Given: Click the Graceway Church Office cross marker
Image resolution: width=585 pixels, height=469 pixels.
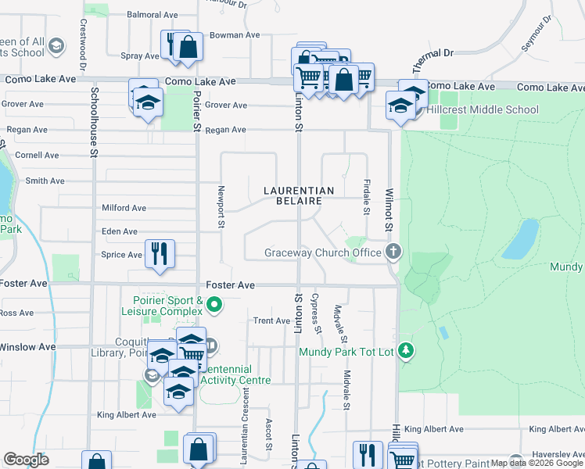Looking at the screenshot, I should click(x=393, y=252).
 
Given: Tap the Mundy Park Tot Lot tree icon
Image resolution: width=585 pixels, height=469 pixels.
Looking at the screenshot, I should click(x=405, y=351).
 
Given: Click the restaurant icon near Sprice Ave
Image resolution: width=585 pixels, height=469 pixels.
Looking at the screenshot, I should click(x=160, y=253).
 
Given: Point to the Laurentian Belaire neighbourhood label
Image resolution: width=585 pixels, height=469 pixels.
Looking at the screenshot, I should click(x=299, y=195).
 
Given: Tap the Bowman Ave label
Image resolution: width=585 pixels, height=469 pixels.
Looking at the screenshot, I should click(x=234, y=35).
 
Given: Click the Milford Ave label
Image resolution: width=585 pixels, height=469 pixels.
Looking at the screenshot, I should click(x=124, y=208).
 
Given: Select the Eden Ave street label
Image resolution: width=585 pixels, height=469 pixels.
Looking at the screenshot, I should click(x=120, y=231).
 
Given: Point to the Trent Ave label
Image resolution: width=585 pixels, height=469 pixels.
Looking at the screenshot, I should click(x=271, y=321).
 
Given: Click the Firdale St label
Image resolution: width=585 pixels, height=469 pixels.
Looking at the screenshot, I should click(x=366, y=197).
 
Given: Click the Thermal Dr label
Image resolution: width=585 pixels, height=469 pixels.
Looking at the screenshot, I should click(x=437, y=53).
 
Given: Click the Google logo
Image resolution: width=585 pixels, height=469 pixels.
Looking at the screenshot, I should click(x=26, y=460).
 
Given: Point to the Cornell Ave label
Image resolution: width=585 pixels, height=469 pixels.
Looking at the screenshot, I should click(x=37, y=156).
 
